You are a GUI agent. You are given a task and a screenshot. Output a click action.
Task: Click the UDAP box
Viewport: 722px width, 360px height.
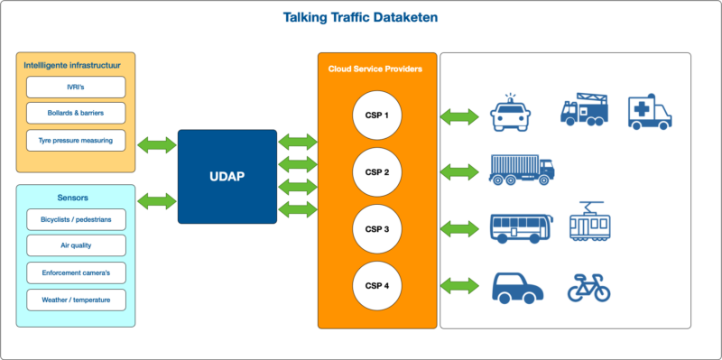(227, 176)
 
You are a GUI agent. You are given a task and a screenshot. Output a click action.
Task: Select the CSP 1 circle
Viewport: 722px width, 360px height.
(376, 115)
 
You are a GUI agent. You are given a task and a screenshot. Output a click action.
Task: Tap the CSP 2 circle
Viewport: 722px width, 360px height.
(376, 172)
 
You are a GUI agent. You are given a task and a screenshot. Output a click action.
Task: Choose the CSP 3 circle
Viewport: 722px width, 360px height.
(376, 229)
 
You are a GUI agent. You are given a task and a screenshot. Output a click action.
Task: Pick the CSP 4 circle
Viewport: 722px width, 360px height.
(376, 286)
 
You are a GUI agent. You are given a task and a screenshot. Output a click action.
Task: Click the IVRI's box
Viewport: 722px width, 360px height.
(76, 88)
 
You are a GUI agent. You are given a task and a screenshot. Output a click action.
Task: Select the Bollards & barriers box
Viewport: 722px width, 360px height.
(76, 114)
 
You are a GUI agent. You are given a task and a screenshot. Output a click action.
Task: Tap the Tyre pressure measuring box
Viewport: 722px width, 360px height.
(76, 141)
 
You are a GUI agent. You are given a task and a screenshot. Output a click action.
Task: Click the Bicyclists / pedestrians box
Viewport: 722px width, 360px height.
(76, 219)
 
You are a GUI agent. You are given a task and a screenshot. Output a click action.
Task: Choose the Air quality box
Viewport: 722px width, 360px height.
(76, 245)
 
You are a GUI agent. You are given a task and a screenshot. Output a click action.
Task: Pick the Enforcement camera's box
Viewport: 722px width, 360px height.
(76, 272)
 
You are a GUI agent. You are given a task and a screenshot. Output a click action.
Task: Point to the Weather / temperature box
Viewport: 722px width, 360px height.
(76, 300)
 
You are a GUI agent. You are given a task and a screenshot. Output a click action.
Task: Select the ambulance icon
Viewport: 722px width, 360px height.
(650, 113)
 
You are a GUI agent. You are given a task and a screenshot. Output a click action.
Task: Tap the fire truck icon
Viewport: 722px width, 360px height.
(584, 110)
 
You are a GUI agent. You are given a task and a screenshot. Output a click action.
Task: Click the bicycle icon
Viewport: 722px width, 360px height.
(588, 288)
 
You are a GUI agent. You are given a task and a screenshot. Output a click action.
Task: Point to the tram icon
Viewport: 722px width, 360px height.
(590, 223)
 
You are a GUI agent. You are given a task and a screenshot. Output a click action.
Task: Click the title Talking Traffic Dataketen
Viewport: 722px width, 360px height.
(360, 17)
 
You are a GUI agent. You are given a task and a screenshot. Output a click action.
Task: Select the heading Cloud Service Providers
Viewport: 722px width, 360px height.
(375, 69)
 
